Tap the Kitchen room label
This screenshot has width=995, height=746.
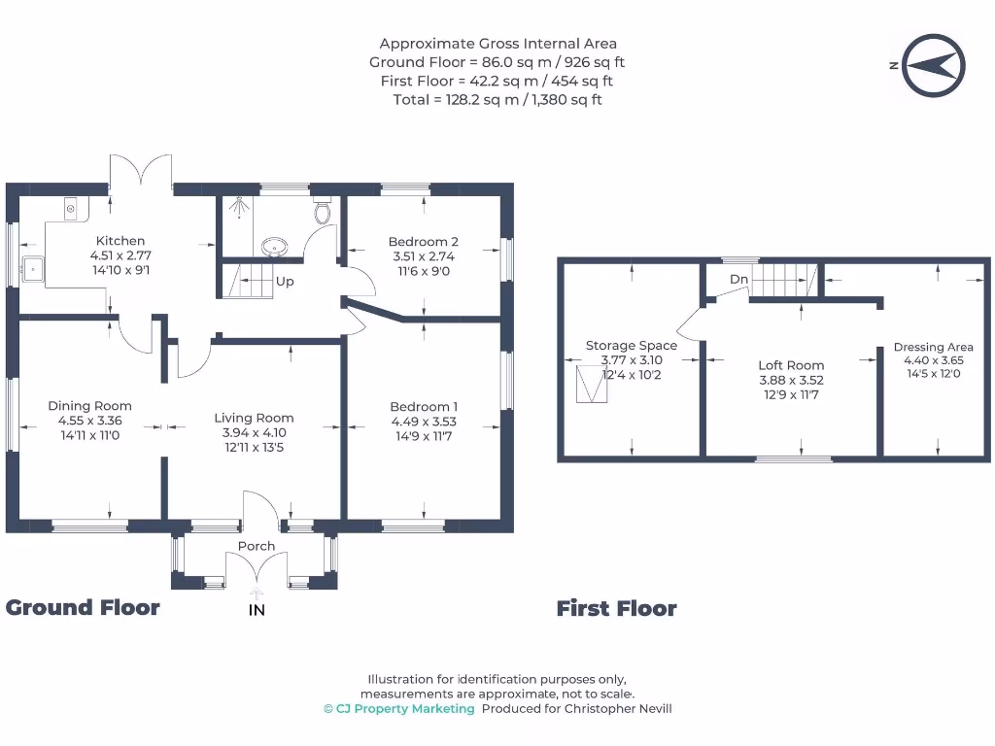[x=120, y=241]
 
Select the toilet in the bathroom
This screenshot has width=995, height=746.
[x=323, y=211]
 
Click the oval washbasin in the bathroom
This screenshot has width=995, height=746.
[x=274, y=247]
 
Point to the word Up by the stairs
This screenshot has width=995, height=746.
[x=285, y=281]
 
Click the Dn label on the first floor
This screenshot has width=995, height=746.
[x=738, y=279]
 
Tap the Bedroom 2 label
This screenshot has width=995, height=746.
[x=424, y=242]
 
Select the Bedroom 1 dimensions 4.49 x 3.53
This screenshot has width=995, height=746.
[x=424, y=422]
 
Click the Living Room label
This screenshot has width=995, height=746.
[x=254, y=418]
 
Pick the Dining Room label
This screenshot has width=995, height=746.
[x=90, y=406]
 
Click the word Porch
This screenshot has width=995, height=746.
[x=257, y=546]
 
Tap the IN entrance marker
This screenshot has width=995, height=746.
[x=257, y=610]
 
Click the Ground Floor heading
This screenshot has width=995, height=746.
[x=83, y=608]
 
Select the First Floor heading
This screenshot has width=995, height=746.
[x=617, y=608]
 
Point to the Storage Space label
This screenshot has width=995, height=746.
[x=632, y=346]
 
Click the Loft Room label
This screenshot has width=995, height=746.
[x=791, y=365]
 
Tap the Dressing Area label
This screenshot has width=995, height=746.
[x=934, y=347]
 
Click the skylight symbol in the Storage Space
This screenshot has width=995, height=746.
[x=592, y=384]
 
